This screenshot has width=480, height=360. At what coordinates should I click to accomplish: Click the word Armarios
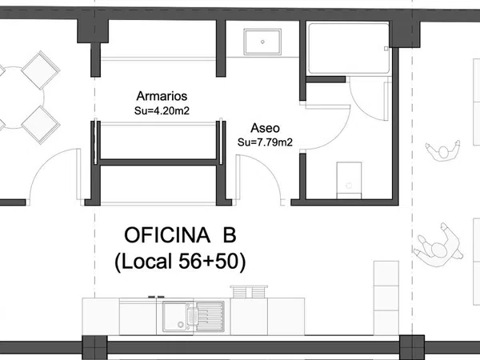click(162, 96)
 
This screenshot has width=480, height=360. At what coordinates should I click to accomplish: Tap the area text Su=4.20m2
click(162, 110)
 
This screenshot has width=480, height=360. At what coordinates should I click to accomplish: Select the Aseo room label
click(265, 128)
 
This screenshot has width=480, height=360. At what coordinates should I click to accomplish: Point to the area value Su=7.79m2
click(265, 142)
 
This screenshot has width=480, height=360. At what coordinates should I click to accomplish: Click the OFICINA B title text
click(180, 235)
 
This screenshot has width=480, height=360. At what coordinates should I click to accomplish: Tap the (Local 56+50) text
click(180, 262)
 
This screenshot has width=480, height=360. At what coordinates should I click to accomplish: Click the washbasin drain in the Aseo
click(262, 42)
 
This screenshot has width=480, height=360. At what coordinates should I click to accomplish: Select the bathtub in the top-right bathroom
click(349, 48)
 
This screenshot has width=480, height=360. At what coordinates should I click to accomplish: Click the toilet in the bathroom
click(349, 181)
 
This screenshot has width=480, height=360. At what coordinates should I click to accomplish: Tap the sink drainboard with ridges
click(210, 317)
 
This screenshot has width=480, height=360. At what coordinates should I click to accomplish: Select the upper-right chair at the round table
click(41, 70)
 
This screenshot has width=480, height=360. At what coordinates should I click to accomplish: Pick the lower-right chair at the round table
click(41, 125)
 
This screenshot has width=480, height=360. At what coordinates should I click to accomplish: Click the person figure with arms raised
click(443, 150)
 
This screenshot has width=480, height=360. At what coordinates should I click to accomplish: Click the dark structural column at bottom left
click(95, 347)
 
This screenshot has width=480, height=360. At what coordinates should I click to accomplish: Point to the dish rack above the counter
click(249, 291)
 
